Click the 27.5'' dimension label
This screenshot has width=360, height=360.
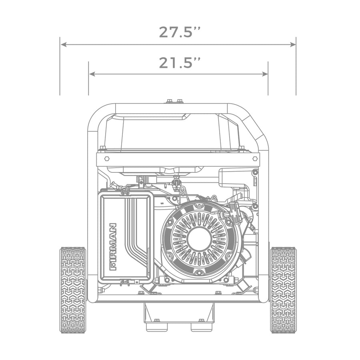[x=179, y=32]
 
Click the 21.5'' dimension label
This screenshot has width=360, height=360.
[x=179, y=63]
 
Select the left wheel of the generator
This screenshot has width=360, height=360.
[x=73, y=290]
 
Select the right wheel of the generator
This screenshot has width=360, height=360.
[x=283, y=290]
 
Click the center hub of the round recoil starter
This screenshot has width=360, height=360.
[x=199, y=240]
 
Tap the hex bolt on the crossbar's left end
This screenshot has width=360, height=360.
[x=107, y=158]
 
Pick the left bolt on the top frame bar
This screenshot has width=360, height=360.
[x=169, y=101]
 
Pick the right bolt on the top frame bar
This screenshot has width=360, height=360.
[x=180, y=101]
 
